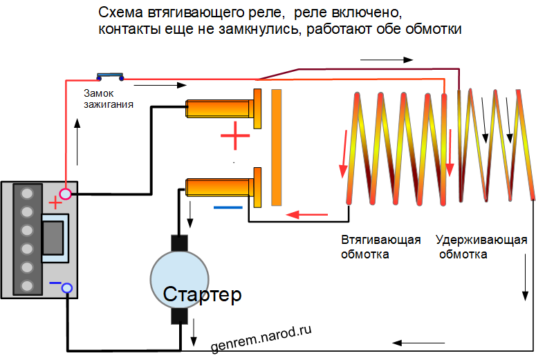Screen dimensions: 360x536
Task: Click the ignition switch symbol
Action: point(110,76)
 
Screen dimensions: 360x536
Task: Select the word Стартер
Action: point(203,296)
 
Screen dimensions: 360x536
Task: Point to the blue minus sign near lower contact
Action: point(228,207)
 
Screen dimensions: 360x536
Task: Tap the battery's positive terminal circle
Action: point(66,195)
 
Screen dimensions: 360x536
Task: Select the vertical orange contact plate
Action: point(277,147)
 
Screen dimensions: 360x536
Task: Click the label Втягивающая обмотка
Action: point(381,247)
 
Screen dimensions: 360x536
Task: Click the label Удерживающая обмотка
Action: point(481,247)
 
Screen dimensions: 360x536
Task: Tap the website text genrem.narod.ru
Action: point(257,336)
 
